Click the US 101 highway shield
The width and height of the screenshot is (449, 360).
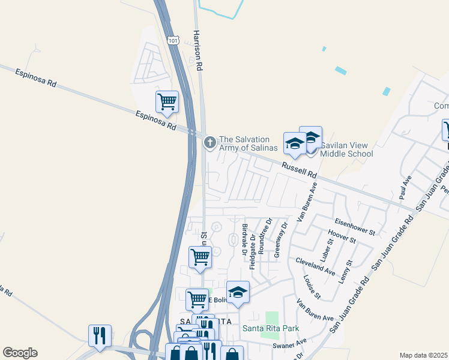pyautogui.click(x=173, y=40)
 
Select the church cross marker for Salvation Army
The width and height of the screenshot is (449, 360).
pyautogui.click(x=209, y=142)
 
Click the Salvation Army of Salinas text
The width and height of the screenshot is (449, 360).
pyautogui.click(x=249, y=143)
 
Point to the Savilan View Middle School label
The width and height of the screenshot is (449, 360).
pyautogui.click(x=346, y=149)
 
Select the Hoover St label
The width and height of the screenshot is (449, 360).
pyautogui.click(x=343, y=236)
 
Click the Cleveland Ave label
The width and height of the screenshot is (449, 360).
pyautogui.click(x=315, y=266)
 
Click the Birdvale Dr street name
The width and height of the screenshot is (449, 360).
pyautogui.click(x=244, y=239)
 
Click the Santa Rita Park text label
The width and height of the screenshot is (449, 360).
pyautogui.click(x=271, y=328)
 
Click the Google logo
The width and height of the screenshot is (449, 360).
pyautogui.click(x=20, y=353)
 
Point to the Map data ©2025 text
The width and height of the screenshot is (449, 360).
pyautogui.click(x=423, y=355)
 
